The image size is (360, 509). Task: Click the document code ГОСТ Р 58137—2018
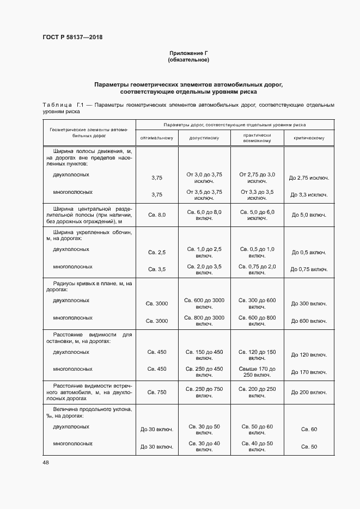click(72, 38)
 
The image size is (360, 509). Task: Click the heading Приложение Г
click(189, 53)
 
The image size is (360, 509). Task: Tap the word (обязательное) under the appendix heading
click(189, 60)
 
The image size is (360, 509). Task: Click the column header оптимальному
click(157, 138)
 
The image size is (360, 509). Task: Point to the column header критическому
click(309, 138)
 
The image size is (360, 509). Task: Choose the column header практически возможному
click(258, 138)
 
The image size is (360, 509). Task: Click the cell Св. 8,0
click(157, 215)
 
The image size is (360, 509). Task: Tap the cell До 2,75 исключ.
click(309, 177)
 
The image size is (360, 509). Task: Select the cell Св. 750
click(157, 392)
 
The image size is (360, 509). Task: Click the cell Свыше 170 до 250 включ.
click(258, 372)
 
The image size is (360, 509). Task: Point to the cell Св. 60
click(309, 430)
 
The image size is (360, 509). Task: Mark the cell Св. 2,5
click(157, 253)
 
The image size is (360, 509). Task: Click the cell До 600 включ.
click(309, 321)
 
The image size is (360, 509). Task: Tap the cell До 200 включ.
click(309, 392)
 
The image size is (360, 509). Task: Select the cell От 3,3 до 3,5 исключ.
click(258, 195)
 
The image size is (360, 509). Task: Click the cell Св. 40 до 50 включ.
click(258, 446)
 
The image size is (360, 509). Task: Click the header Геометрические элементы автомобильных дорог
click(89, 133)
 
